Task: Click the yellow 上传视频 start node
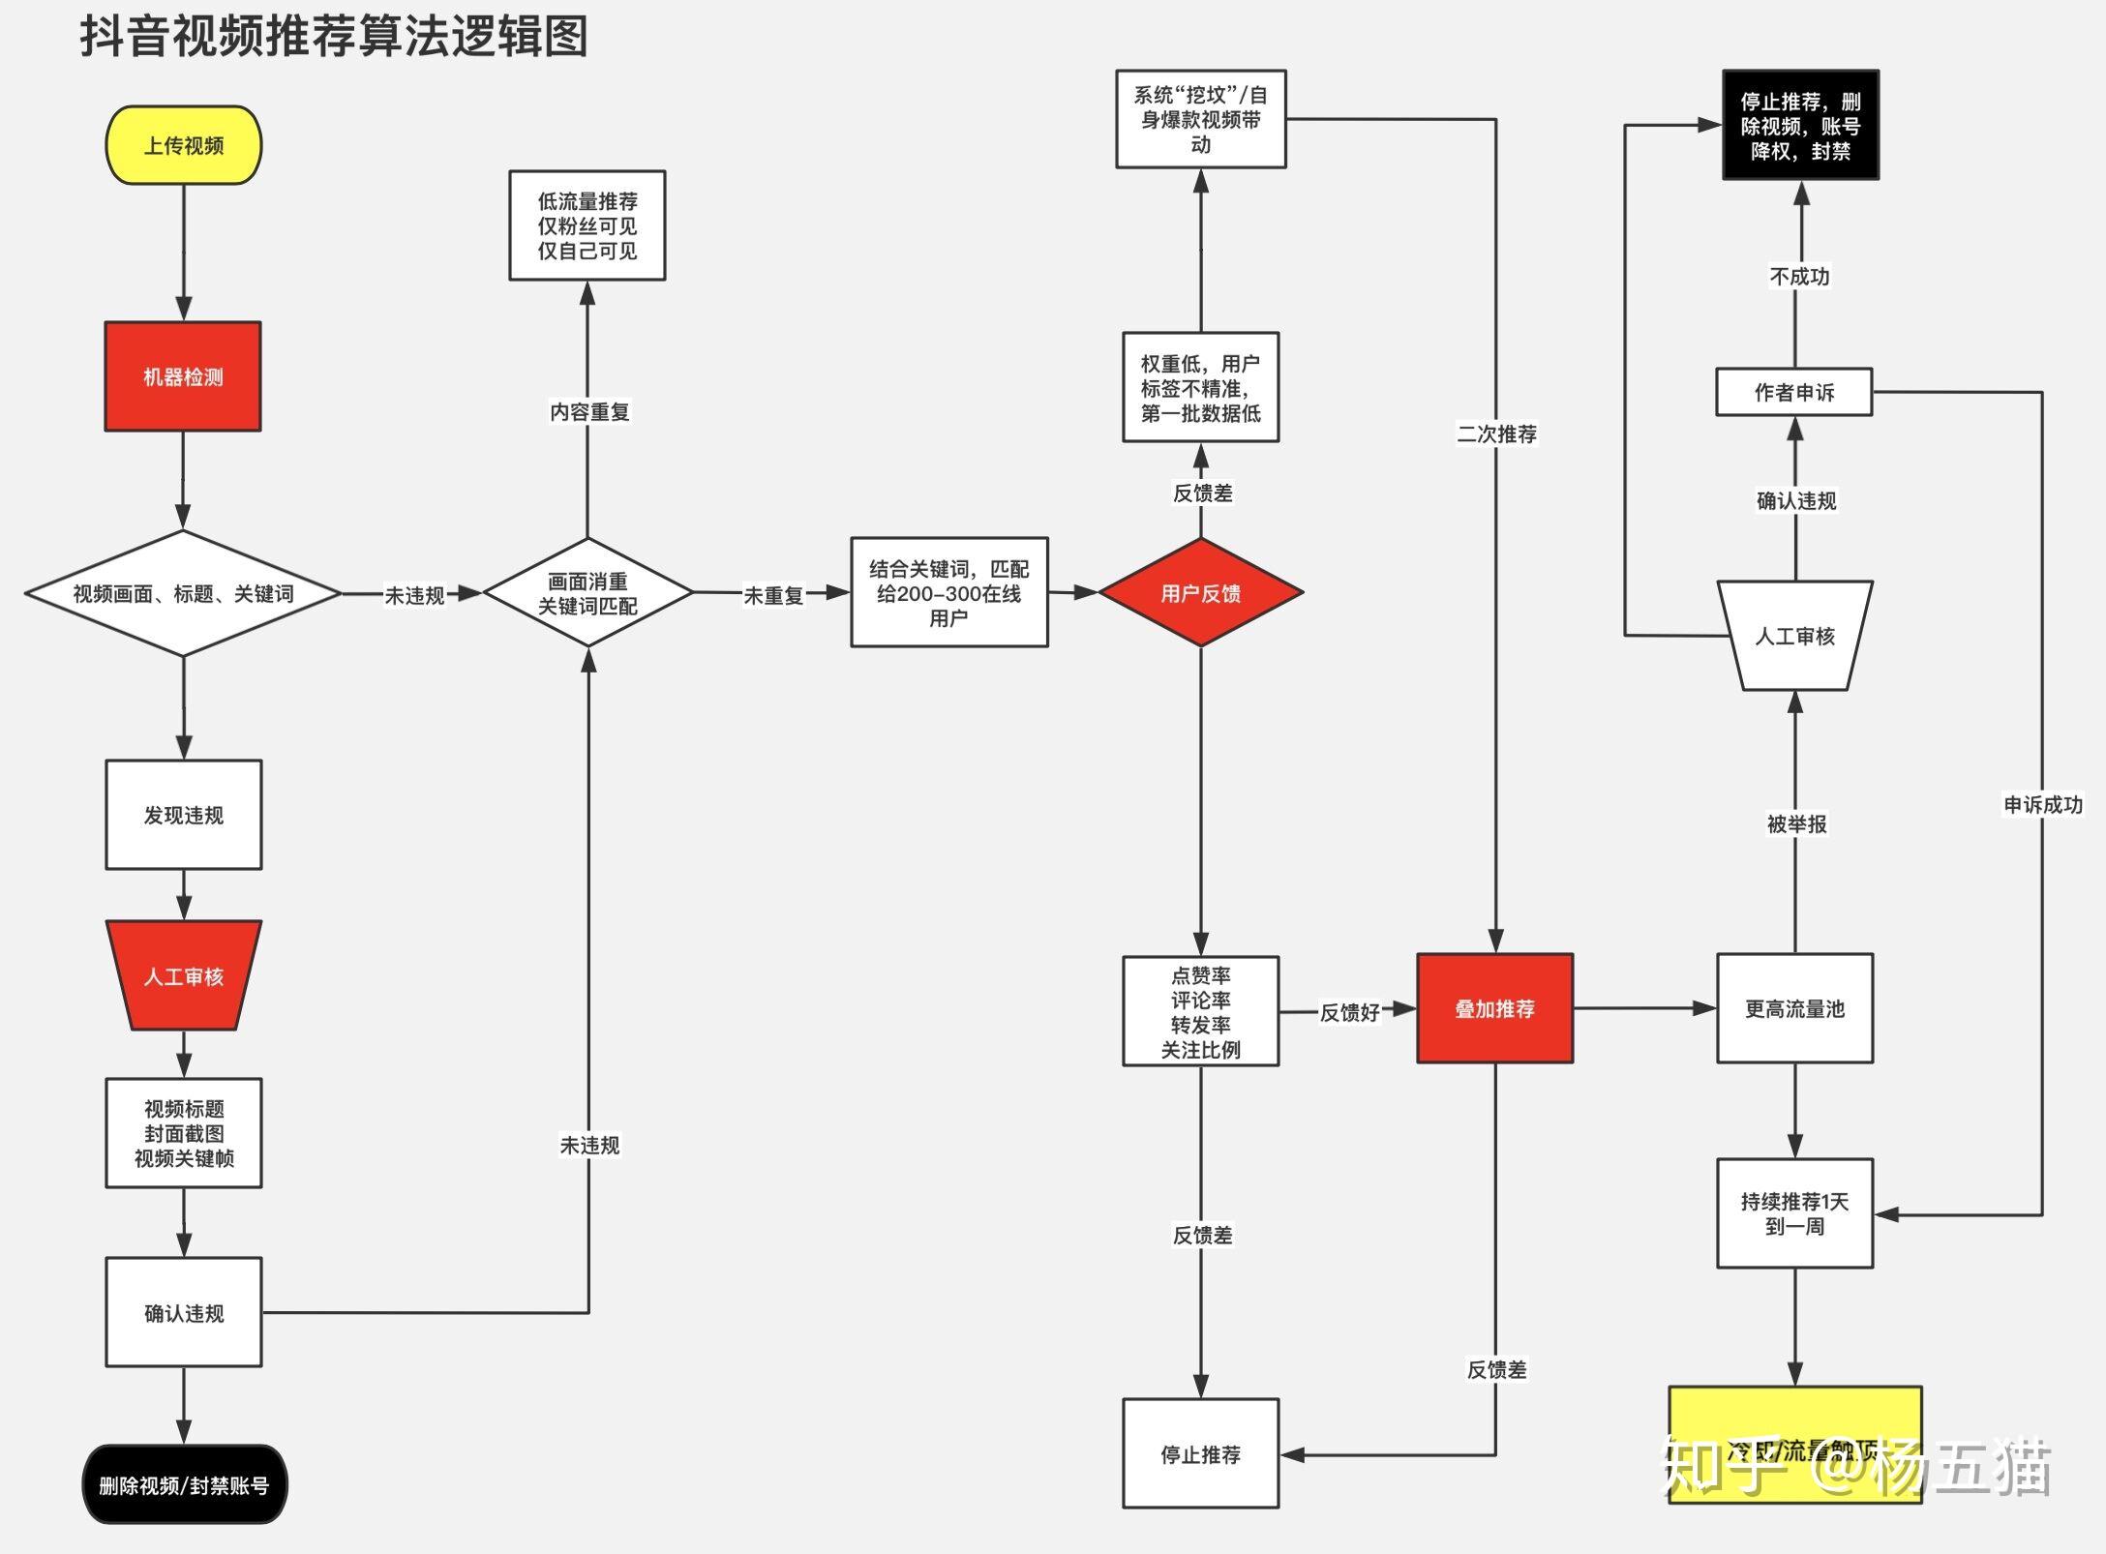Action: coord(183,145)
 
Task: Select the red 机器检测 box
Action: coord(183,376)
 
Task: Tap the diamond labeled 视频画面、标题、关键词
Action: coord(183,593)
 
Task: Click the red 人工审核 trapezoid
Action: coord(183,975)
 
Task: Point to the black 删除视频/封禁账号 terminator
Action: coord(184,1484)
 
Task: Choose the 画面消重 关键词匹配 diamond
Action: coord(587,593)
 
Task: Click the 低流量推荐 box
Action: coord(587,225)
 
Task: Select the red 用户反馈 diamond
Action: coord(1200,593)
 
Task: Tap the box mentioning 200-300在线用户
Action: coord(948,592)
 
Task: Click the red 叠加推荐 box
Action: coord(1494,1008)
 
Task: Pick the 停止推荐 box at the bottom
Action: coord(1200,1453)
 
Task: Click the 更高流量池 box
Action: coord(1794,1008)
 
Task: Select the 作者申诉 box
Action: coord(1793,392)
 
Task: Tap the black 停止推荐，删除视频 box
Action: coord(1800,125)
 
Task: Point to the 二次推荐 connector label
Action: coord(1496,433)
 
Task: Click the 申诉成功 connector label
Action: coord(2042,804)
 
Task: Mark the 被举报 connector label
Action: coord(1796,823)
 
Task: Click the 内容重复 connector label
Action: coord(588,411)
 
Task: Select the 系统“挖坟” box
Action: coord(1200,119)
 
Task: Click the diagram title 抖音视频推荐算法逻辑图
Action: coord(334,37)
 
